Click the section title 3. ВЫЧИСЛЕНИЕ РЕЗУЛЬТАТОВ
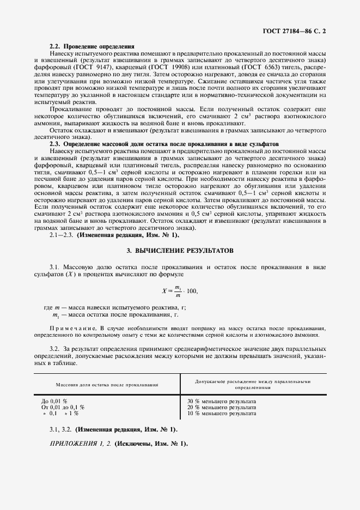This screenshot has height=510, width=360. [180, 251]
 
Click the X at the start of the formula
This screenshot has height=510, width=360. [164, 292]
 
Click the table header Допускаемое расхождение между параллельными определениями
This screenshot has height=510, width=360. [252, 385]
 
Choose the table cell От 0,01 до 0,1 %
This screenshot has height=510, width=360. [63, 408]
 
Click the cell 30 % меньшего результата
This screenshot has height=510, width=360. [221, 402]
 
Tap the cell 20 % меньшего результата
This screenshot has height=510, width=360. [221, 408]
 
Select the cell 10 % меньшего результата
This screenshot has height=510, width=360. [221, 414]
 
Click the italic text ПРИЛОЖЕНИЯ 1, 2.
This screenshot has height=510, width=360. [80, 444]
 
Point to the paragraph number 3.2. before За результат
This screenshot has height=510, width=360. [54, 348]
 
